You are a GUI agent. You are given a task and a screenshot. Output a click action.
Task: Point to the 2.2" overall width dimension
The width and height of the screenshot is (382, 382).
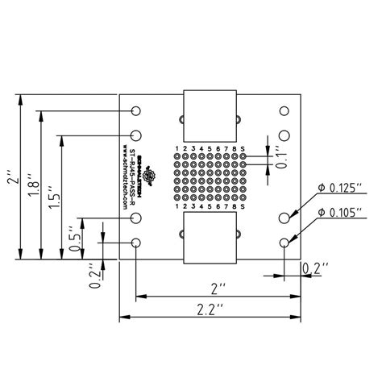(x=212, y=307)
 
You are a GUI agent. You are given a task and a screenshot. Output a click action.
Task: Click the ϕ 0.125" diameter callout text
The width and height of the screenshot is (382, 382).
(x=340, y=188)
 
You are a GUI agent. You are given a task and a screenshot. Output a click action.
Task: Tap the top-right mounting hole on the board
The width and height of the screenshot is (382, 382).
(x=284, y=111)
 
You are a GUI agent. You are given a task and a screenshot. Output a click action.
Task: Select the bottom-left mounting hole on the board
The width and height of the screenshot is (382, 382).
(x=137, y=243)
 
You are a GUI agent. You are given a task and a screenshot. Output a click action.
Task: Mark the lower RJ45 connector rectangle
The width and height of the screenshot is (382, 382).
(x=210, y=238)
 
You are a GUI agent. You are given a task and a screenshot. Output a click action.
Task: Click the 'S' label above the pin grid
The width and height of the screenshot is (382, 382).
(x=243, y=149)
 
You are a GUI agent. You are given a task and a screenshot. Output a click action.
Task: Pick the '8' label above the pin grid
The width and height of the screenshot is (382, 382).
(x=234, y=149)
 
